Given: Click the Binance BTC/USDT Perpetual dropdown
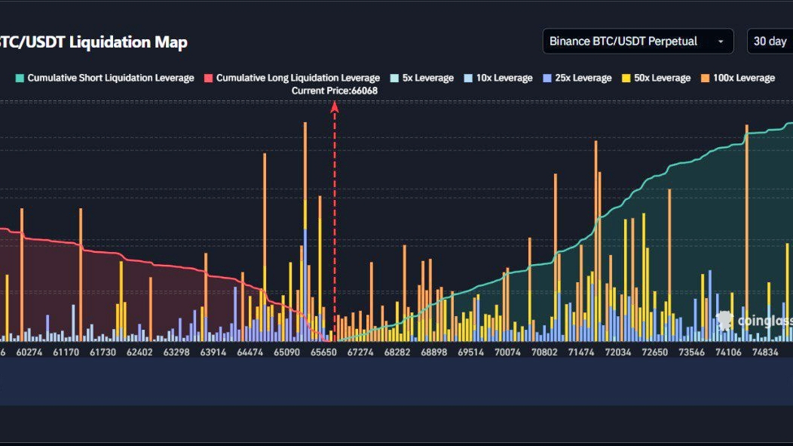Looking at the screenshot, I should pos(638,41).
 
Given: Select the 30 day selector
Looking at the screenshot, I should pos(770,41).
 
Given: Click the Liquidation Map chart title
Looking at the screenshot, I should pos(93,42).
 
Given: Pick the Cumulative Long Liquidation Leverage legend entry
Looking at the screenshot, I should pos(292,78).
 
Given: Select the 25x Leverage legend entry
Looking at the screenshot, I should pos(576,78).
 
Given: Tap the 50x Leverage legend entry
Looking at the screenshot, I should pos(655,78).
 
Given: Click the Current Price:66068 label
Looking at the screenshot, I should pos(335,91).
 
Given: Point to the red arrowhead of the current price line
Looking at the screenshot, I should pos(335,107).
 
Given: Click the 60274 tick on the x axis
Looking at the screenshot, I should pos(29,352).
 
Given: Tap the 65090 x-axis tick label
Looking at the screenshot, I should pos(287,352).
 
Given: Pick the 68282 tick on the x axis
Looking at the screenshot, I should pos(397,352).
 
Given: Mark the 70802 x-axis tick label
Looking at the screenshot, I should pos(544,352).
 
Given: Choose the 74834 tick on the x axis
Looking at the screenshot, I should pos(764,352).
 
